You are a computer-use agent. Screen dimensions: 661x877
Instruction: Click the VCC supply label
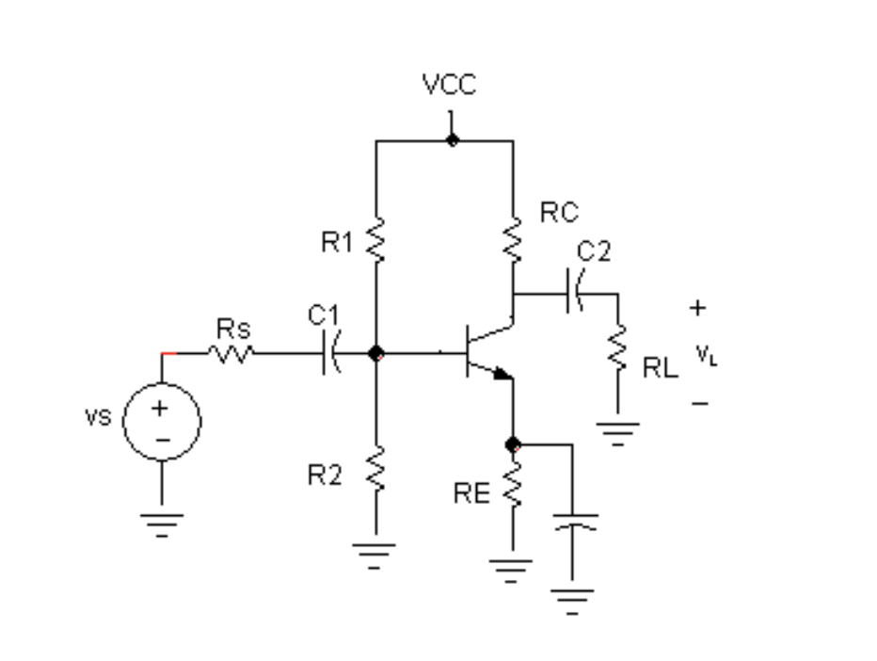pyautogui.click(x=450, y=85)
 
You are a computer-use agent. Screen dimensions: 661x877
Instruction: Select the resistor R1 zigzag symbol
pyautogui.click(x=375, y=240)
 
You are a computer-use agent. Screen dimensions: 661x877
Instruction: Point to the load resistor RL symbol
pyautogui.click(x=618, y=351)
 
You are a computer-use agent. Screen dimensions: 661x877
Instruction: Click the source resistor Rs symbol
pyautogui.click(x=231, y=354)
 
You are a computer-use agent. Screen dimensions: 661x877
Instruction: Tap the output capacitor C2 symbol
pyautogui.click(x=574, y=293)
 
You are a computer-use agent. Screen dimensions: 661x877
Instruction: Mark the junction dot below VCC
pyautogui.click(x=453, y=140)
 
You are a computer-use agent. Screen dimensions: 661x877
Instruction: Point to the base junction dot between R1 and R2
pyautogui.click(x=376, y=354)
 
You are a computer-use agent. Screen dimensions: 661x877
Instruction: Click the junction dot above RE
pyautogui.click(x=513, y=443)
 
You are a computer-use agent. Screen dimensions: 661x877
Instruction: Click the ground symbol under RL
pyautogui.click(x=618, y=432)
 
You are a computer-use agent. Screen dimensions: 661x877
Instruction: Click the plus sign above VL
pyautogui.click(x=697, y=307)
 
